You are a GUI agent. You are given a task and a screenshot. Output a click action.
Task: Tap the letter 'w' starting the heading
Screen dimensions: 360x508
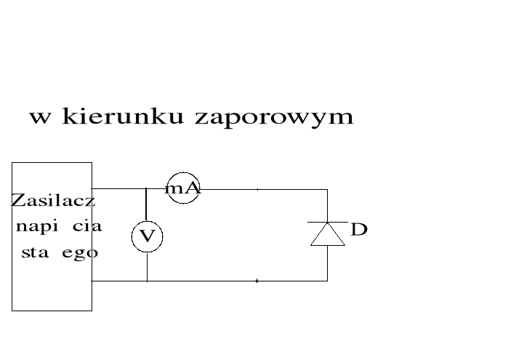point(40,117)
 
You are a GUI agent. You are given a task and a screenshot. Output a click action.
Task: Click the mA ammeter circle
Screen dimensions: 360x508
point(183,188)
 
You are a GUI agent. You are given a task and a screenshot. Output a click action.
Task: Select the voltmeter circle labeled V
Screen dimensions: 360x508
point(147,236)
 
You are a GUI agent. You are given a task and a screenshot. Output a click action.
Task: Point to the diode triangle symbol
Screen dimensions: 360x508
point(327,235)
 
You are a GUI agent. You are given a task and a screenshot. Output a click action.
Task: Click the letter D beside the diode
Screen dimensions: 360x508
point(359,231)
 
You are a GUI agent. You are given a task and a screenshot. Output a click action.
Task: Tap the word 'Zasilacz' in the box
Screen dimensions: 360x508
point(53,201)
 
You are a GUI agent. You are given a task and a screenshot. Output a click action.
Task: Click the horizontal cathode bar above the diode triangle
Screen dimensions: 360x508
point(327,222)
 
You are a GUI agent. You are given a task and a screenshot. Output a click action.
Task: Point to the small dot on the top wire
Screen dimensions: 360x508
point(257,189)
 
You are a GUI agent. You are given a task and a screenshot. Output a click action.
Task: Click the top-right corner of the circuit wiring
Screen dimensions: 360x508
point(327,189)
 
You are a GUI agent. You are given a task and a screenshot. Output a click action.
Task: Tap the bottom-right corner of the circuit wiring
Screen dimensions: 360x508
point(327,281)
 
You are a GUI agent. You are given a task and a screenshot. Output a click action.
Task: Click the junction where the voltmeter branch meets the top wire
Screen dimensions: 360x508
point(147,189)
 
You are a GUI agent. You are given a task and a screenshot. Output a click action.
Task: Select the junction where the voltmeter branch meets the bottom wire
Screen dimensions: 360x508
point(147,281)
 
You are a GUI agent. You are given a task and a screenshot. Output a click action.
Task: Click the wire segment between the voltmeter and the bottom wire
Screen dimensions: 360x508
point(147,266)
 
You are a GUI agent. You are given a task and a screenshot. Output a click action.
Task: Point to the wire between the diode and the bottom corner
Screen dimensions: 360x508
point(327,263)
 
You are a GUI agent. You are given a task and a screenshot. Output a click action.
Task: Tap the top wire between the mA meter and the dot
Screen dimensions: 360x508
point(228,189)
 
